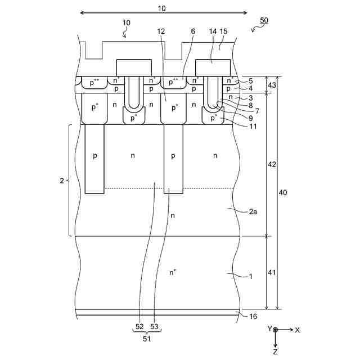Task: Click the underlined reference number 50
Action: [x=264, y=20]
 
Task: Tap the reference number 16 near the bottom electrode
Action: [x=253, y=316]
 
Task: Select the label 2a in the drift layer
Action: [x=253, y=211]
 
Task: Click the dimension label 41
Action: [x=272, y=272]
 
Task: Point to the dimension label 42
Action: [x=272, y=164]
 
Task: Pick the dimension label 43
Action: [x=272, y=85]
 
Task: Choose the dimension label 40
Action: [x=283, y=192]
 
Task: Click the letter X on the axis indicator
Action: [x=298, y=330]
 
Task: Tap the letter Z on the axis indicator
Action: [x=275, y=352]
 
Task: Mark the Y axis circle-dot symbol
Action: [x=275, y=330]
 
